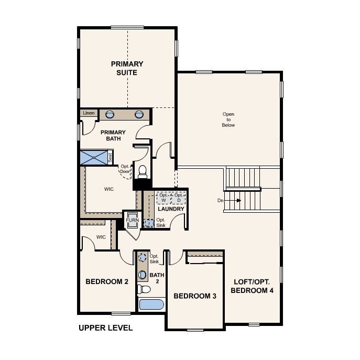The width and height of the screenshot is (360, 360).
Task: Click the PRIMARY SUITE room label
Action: pyautogui.click(x=127, y=68)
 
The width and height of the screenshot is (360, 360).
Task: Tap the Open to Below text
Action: pyautogui.click(x=228, y=119)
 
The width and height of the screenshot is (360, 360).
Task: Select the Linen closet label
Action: pyautogui.click(x=89, y=113)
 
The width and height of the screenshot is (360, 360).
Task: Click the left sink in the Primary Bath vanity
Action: pyautogui.click(x=110, y=114)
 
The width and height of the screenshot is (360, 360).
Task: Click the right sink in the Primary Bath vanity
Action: pyautogui.click(x=139, y=114)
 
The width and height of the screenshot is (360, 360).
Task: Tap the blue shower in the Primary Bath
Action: pyautogui.click(x=94, y=157)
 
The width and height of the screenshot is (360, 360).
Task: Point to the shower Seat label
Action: pyautogui.click(x=110, y=158)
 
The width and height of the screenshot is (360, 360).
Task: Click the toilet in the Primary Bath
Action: pyautogui.click(x=143, y=172)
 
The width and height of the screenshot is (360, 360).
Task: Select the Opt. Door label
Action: pyautogui.click(x=125, y=169)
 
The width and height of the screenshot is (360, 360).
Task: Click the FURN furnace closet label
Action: pyautogui.click(x=132, y=220)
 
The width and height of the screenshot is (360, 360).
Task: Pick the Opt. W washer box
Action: pyautogui.click(x=163, y=198)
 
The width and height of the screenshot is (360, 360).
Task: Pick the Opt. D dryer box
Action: pyautogui.click(x=178, y=198)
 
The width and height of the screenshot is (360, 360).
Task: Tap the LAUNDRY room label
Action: pyautogui.click(x=171, y=209)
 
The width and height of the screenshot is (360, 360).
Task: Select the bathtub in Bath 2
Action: pyautogui.click(x=151, y=304)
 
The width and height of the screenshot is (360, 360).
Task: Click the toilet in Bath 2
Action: pyautogui.click(x=144, y=289)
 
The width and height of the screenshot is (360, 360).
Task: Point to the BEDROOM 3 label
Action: pyautogui.click(x=195, y=296)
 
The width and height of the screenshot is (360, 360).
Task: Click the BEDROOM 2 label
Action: pyautogui.click(x=107, y=281)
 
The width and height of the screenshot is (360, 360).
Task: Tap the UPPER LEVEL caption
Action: pyautogui.click(x=106, y=328)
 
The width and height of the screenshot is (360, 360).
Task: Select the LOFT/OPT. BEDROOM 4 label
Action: pyautogui.click(x=252, y=286)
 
